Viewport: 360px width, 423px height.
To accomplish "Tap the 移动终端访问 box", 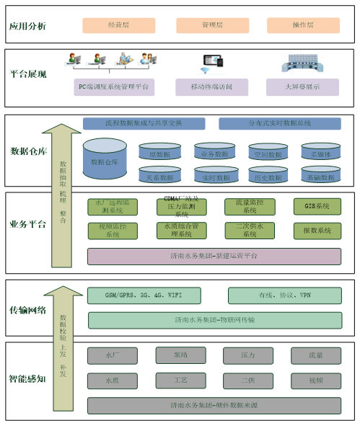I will [211, 87].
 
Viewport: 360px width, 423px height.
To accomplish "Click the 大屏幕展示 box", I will [302, 87].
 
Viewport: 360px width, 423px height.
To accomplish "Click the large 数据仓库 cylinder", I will [107, 161].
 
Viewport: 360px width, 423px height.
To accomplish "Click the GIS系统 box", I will [317, 207].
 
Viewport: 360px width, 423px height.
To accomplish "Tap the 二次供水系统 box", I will [250, 231].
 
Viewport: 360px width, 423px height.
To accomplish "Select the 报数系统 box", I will [317, 231].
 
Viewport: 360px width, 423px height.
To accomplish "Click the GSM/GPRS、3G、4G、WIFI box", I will [144, 295].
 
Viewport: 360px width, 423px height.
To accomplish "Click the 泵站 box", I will [180, 355].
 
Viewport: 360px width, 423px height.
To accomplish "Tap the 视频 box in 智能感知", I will [316, 380].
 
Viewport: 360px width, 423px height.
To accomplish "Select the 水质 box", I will [113, 380].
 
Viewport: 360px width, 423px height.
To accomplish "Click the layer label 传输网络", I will [28, 311].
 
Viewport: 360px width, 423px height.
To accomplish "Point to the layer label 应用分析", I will [28, 26].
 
